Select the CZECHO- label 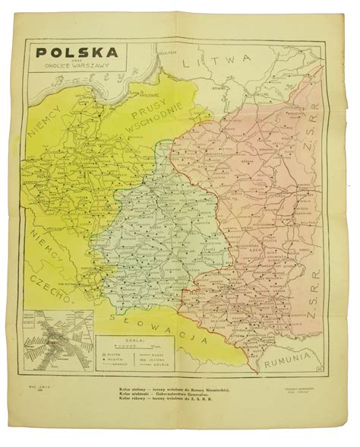[x=53, y=282]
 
